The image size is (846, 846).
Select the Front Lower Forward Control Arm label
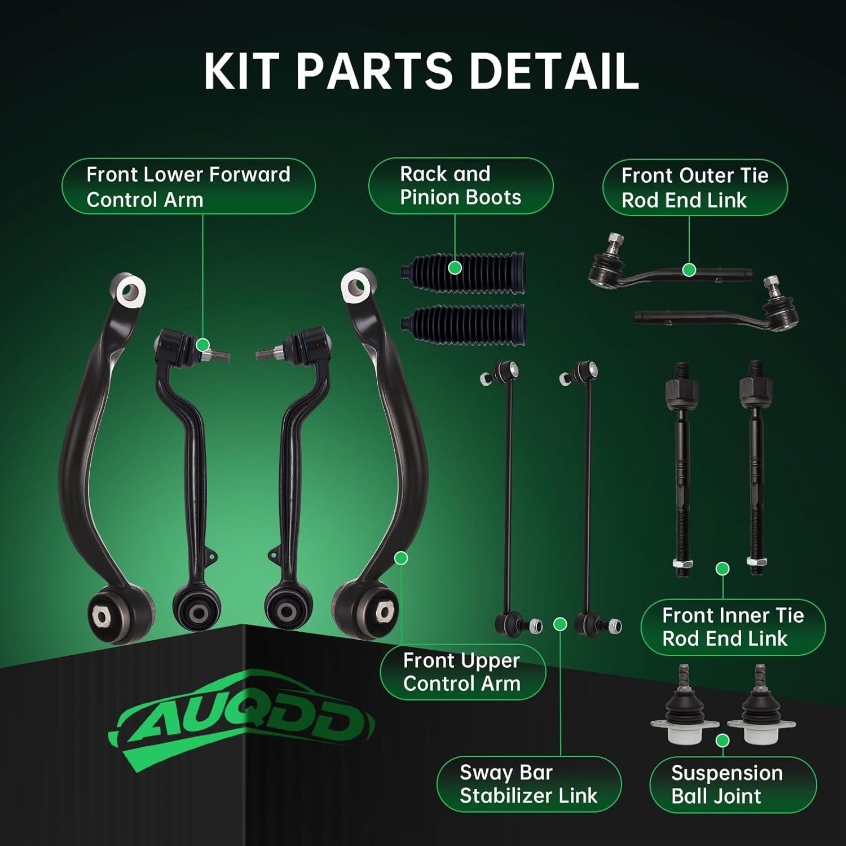(188, 187)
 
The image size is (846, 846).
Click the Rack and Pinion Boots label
(460, 186)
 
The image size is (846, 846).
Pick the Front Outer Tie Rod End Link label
(695, 188)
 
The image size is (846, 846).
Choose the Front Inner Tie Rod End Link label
(733, 627)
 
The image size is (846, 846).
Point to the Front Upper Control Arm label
(462, 672)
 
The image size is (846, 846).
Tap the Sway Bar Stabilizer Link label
(528, 784)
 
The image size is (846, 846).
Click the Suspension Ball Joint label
(727, 785)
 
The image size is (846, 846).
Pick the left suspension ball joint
(684, 710)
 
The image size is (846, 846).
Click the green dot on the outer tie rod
(689, 270)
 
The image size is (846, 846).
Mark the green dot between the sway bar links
(560, 624)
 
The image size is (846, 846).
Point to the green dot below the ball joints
(722, 741)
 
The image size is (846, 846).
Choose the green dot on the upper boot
(455, 268)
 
